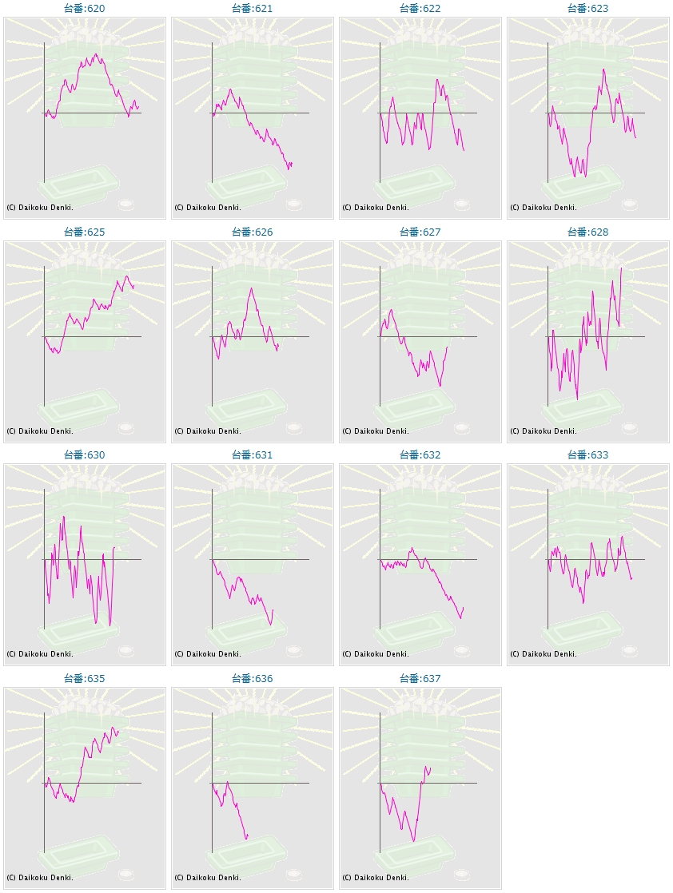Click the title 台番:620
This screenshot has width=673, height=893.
pos(85,8)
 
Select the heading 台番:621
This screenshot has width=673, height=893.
pos(253,8)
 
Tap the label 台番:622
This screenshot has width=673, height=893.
pos(420,8)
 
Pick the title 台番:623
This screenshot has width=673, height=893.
pos(588,8)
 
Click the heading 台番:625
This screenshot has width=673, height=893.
pos(85,232)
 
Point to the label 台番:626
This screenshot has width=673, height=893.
pos(253,232)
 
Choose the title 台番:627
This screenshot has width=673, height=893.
pos(420,232)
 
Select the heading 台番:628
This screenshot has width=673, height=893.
pos(588,232)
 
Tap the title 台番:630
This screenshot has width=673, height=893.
pos(85,454)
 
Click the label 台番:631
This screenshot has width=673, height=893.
pos(253,454)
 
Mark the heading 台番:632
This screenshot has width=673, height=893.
pos(420,454)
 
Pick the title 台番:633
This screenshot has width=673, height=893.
pos(588,454)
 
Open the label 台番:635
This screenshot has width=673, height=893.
pos(85,678)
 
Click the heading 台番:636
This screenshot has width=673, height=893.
pos(253,678)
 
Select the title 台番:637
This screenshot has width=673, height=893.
pos(420,678)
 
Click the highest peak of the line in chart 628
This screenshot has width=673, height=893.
pos(621,268)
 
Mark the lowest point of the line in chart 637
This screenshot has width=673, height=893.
pos(413,841)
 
